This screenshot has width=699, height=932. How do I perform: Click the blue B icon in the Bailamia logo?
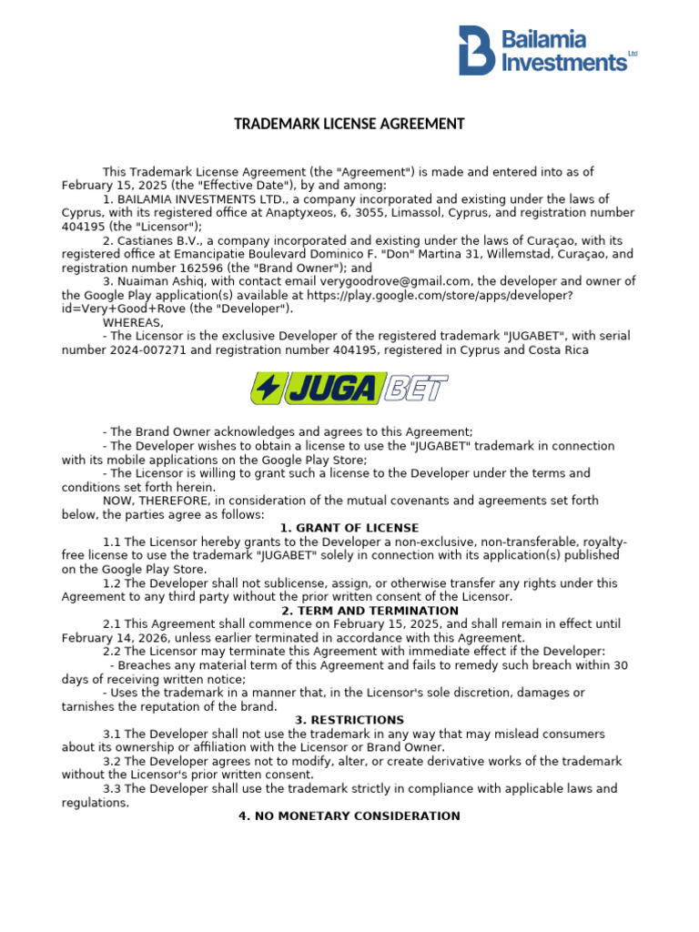[476, 49]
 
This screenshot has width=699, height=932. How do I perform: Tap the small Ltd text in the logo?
[633, 55]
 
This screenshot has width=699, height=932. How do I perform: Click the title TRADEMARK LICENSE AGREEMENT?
[349, 124]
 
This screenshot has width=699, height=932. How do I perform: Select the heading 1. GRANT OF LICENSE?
[349, 528]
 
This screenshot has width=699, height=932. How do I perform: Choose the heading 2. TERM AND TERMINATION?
[349, 611]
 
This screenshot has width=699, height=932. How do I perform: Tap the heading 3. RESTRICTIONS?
[349, 720]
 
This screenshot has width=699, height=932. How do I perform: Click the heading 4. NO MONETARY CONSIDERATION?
[349, 816]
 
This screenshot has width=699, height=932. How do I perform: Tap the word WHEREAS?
[133, 323]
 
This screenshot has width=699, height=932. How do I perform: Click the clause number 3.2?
[112, 761]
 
